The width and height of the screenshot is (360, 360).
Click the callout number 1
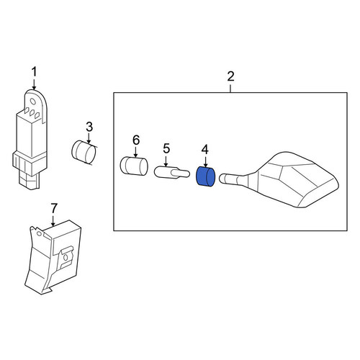tap(34, 72)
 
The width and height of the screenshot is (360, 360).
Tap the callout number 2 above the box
tap(230, 76)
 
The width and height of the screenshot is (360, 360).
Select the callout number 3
tap(89, 127)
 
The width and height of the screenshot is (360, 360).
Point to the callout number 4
tap(205, 150)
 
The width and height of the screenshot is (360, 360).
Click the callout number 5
tap(166, 148)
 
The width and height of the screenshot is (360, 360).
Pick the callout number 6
tap(136, 140)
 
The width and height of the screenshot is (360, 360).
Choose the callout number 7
tap(53, 208)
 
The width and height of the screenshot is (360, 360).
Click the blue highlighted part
tap(206, 177)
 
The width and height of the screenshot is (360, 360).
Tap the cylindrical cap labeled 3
tap(84, 153)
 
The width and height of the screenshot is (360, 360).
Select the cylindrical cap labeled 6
tap(134, 166)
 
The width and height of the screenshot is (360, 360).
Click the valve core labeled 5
tap(172, 173)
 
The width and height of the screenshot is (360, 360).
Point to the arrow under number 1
tap(34, 84)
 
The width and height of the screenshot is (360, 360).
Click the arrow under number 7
tap(53, 220)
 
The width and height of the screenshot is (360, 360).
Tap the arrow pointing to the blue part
tap(205, 161)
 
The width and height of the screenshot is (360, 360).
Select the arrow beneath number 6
tap(136, 152)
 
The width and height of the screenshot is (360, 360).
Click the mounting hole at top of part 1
tap(33, 102)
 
